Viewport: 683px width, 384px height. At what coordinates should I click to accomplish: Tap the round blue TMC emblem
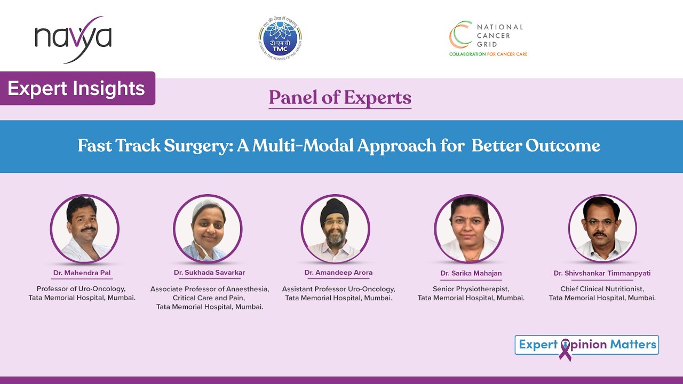280,38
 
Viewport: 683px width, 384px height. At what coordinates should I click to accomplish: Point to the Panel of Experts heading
340,98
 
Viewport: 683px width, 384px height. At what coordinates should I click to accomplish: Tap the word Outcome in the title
562,146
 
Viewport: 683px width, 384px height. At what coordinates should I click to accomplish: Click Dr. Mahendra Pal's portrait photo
84,229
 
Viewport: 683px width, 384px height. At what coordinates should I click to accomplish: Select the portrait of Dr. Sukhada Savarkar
208,229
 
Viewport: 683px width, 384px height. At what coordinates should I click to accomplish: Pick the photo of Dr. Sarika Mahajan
468,229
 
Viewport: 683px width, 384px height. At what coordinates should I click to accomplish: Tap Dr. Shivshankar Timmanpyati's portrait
602,229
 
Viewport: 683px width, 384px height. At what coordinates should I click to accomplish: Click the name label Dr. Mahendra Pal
82,273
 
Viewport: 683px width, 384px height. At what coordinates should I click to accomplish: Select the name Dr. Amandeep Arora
338,273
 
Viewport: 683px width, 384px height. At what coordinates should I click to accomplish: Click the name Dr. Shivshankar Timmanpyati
602,273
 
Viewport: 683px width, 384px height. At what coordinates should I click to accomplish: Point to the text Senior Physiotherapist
471,289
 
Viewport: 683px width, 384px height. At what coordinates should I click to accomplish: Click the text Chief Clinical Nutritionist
602,289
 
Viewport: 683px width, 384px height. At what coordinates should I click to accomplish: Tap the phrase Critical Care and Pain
209,298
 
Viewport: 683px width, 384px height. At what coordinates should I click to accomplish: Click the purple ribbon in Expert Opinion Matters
565,349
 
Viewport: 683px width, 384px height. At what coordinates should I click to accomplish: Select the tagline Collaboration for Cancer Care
488,54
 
